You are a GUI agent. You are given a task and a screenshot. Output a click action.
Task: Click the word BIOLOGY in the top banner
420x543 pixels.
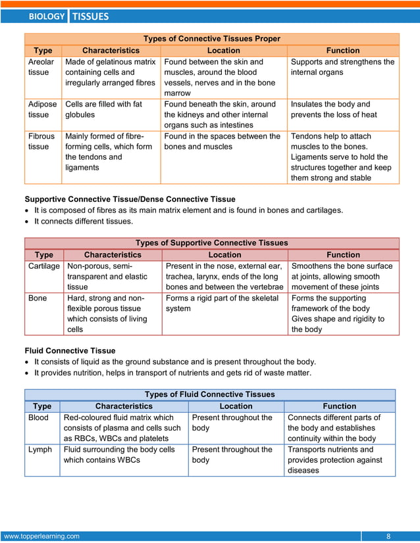[47, 16]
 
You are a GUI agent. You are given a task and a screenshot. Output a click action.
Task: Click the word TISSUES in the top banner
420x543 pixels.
[90, 16]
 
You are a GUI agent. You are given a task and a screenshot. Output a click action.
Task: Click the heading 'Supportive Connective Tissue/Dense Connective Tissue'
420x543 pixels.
[130, 199]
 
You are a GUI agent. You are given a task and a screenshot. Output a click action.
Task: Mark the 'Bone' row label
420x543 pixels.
[38, 298]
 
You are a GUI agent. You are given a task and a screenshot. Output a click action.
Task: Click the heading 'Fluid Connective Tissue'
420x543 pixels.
[70, 351]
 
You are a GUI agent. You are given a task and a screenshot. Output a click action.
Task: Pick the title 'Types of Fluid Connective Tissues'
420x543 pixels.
[209, 394]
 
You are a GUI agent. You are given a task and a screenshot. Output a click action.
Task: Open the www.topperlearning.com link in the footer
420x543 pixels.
[42, 536]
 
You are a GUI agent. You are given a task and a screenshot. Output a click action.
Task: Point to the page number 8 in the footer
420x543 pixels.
[388, 536]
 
